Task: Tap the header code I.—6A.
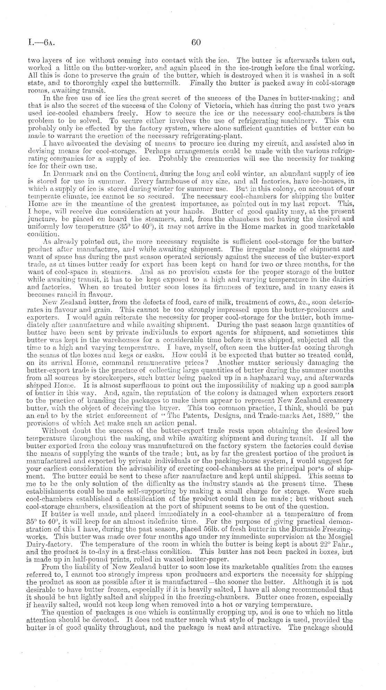pyautogui.click(x=41, y=43)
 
